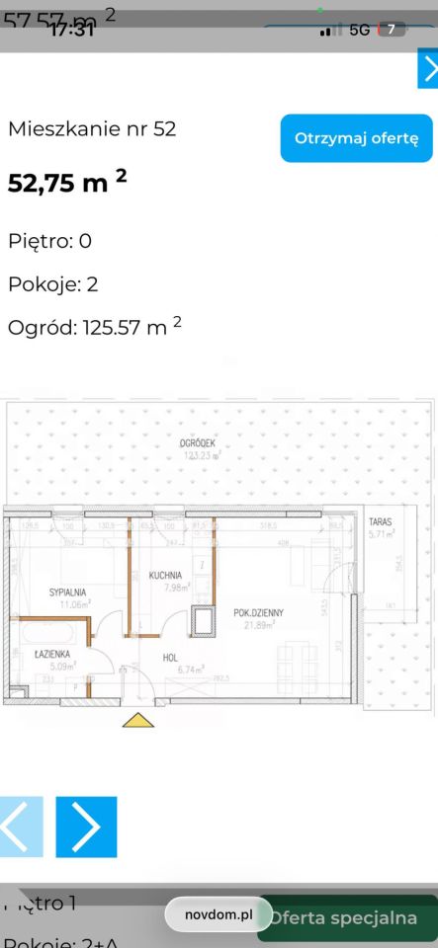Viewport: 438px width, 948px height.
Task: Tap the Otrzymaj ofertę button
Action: (356, 138)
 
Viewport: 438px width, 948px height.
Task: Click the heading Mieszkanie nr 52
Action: (92, 128)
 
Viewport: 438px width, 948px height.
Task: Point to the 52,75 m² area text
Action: (67, 183)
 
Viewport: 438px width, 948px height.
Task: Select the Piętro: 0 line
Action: (49, 240)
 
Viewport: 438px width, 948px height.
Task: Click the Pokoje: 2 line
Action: (52, 284)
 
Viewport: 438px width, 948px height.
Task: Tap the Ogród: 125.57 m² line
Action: (94, 328)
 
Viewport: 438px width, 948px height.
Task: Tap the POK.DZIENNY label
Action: (259, 612)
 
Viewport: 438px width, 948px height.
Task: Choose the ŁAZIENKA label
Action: (49, 655)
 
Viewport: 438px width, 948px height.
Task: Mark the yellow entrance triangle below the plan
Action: (138, 720)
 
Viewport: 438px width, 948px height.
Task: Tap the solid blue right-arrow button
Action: (86, 827)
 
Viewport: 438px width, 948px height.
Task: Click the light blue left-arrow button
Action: (21, 827)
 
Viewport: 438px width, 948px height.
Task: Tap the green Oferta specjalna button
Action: (353, 917)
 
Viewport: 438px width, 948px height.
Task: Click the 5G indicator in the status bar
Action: (359, 30)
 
